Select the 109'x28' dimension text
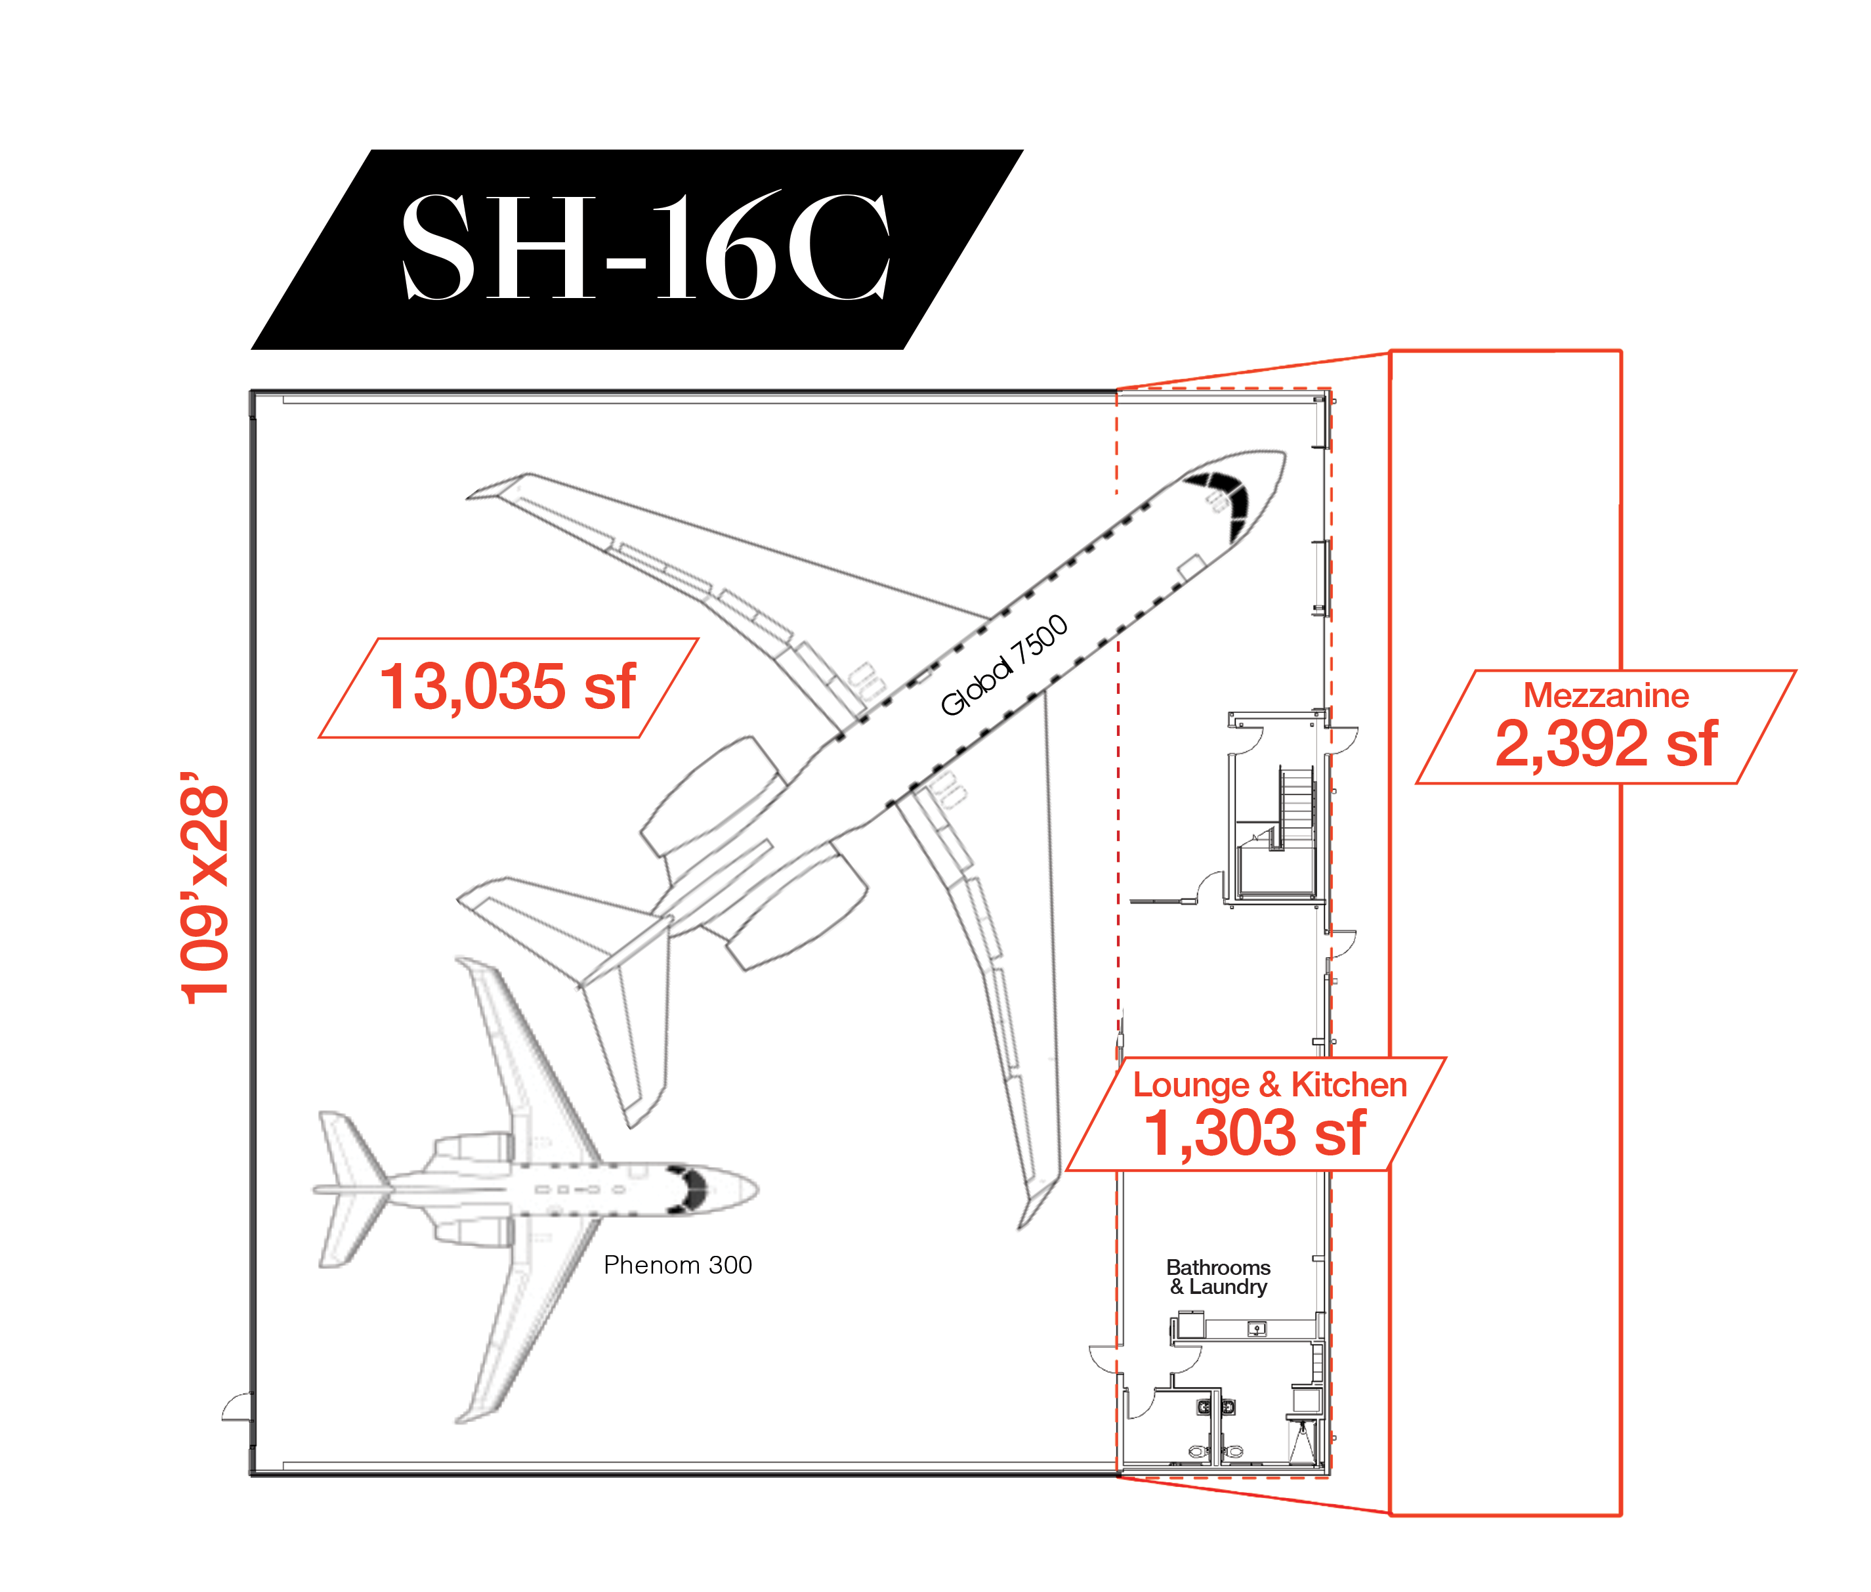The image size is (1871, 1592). pos(204,888)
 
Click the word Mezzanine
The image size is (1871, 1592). pos(1606,695)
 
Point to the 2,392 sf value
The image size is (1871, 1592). pos(1606,744)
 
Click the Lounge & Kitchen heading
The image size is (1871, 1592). pos(1269,1085)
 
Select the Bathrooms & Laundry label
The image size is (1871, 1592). pos(1218,1277)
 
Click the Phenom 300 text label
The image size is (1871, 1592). pos(677,1264)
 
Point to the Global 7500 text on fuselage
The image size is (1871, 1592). pos(1004,664)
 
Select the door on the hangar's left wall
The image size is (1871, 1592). pos(238,1407)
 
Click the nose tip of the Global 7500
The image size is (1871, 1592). pos(1283,454)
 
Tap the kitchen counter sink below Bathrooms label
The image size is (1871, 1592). pos(1257,1329)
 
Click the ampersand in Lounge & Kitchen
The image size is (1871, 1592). pos(1269,1085)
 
